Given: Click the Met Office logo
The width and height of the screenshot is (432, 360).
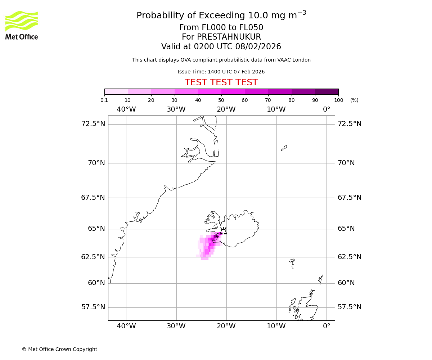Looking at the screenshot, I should tap(22, 25).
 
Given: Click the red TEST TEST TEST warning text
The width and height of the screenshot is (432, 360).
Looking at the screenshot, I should tap(221, 82).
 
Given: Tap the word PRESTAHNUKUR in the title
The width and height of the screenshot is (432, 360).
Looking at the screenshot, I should tap(221, 37).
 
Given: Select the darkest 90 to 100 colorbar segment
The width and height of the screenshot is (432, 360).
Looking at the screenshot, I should tap(327, 91).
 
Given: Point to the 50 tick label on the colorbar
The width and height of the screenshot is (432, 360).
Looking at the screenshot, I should tap(221, 100).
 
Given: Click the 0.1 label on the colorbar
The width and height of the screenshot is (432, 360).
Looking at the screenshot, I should tap(104, 100).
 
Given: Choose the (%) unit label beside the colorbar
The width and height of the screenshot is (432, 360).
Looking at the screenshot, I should tap(354, 100).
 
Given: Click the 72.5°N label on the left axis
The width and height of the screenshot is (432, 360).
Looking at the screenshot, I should tap(93, 124).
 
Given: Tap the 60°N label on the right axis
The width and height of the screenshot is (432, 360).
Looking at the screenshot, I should tap(346, 283).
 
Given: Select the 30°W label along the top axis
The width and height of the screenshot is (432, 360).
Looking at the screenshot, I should tap(176, 109).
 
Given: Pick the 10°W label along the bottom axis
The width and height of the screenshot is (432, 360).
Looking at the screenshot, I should tap(276, 326).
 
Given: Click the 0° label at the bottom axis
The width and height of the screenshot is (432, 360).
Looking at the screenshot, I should tap(327, 326).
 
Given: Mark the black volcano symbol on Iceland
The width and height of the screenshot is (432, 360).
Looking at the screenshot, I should tap(223, 231).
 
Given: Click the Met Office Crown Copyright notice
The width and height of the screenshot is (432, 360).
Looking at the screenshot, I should tap(59, 349).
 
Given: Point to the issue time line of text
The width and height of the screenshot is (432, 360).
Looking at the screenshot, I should tap(221, 72).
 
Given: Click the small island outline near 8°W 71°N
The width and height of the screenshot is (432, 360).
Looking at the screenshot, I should tap(284, 148).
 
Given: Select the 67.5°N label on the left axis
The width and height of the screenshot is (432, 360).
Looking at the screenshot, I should tap(93, 198).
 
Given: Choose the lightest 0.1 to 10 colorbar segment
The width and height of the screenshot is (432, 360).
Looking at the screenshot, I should tap(116, 91).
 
